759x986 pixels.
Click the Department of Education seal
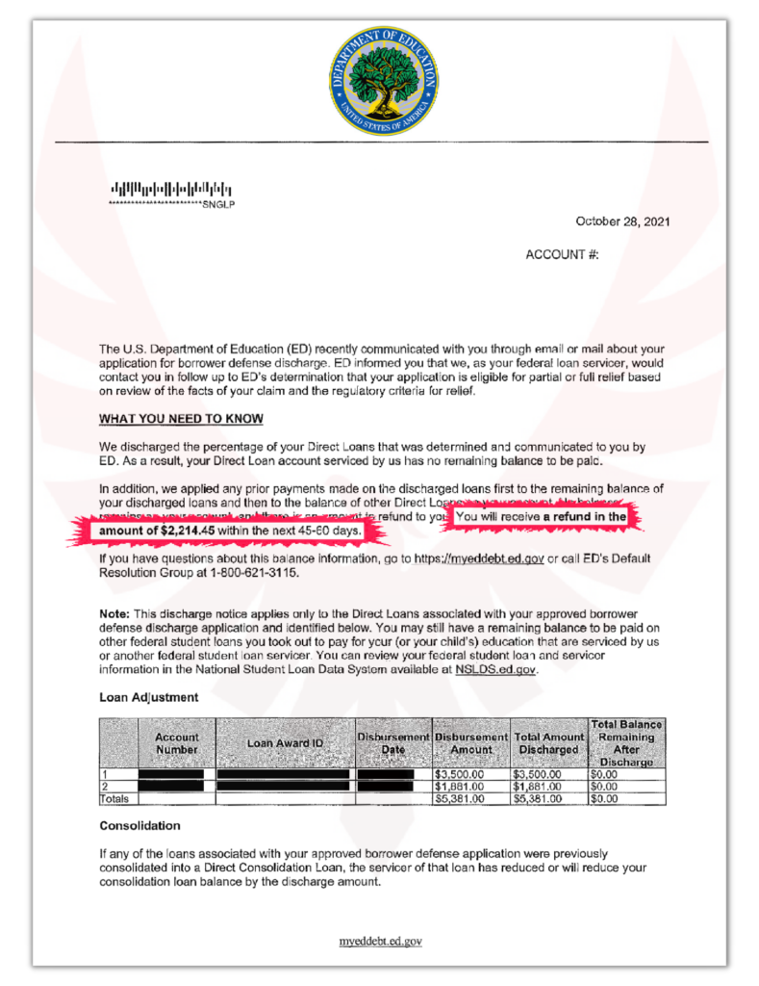(x=384, y=81)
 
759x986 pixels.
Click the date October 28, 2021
(x=622, y=221)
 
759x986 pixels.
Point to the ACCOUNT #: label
(x=562, y=255)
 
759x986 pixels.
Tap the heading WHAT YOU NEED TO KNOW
(x=181, y=419)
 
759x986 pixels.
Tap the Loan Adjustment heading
(x=149, y=696)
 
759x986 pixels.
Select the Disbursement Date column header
(x=392, y=743)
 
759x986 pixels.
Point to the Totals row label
(x=114, y=798)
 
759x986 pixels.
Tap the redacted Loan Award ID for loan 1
(x=283, y=773)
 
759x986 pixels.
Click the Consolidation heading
(x=139, y=826)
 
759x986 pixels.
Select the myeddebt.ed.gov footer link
(x=381, y=941)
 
